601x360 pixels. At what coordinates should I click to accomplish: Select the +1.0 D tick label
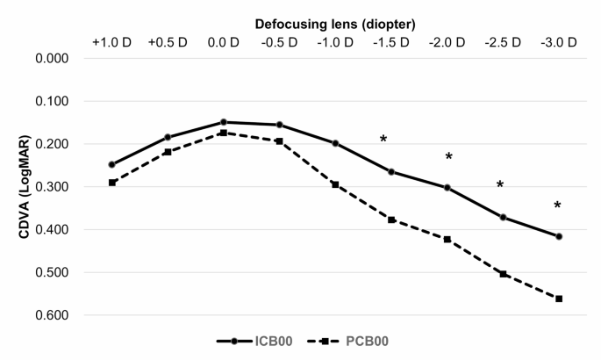click(111, 42)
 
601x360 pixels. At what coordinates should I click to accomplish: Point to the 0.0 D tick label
click(224, 42)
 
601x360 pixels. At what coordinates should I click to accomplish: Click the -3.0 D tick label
click(559, 42)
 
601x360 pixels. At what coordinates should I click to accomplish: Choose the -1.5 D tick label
click(391, 42)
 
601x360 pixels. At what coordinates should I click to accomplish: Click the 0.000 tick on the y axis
click(51, 58)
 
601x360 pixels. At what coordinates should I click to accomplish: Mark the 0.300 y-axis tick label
click(51, 187)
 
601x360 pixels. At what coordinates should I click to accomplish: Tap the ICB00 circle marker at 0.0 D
click(224, 122)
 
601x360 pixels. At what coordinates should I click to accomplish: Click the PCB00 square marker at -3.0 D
click(559, 299)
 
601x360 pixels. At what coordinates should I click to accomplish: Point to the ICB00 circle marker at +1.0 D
click(111, 164)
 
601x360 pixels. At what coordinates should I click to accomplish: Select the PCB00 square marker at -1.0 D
click(335, 184)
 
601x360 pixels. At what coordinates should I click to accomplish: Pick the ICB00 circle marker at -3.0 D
click(559, 236)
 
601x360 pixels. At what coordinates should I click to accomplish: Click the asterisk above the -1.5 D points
click(383, 140)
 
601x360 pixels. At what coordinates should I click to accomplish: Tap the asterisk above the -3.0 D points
click(557, 205)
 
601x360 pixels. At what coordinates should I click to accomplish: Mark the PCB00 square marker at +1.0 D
click(111, 183)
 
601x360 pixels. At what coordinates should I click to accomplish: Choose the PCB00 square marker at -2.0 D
click(447, 239)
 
